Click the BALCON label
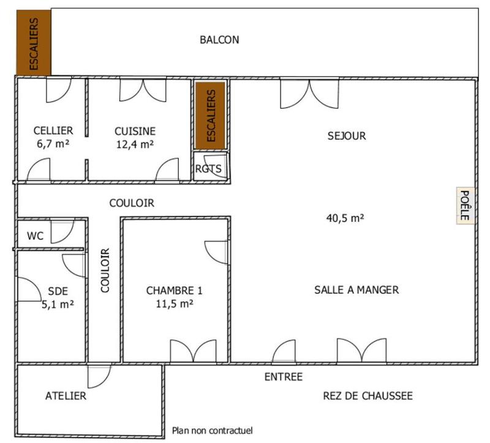[x=219, y=40]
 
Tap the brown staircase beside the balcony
[x=33, y=43]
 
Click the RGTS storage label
[x=208, y=169]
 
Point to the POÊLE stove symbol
[x=464, y=206]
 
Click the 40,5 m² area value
[x=345, y=217]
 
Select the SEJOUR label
[x=347, y=136]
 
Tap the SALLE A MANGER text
[x=356, y=290]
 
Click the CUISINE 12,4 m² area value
[x=135, y=144]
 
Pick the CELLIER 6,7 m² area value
[x=53, y=144]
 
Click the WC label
[x=35, y=236]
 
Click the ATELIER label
[x=66, y=396]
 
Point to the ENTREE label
[x=283, y=377]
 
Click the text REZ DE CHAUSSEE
[x=367, y=396]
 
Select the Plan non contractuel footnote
[x=212, y=431]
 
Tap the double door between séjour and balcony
[x=309, y=93]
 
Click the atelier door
[x=98, y=376]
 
